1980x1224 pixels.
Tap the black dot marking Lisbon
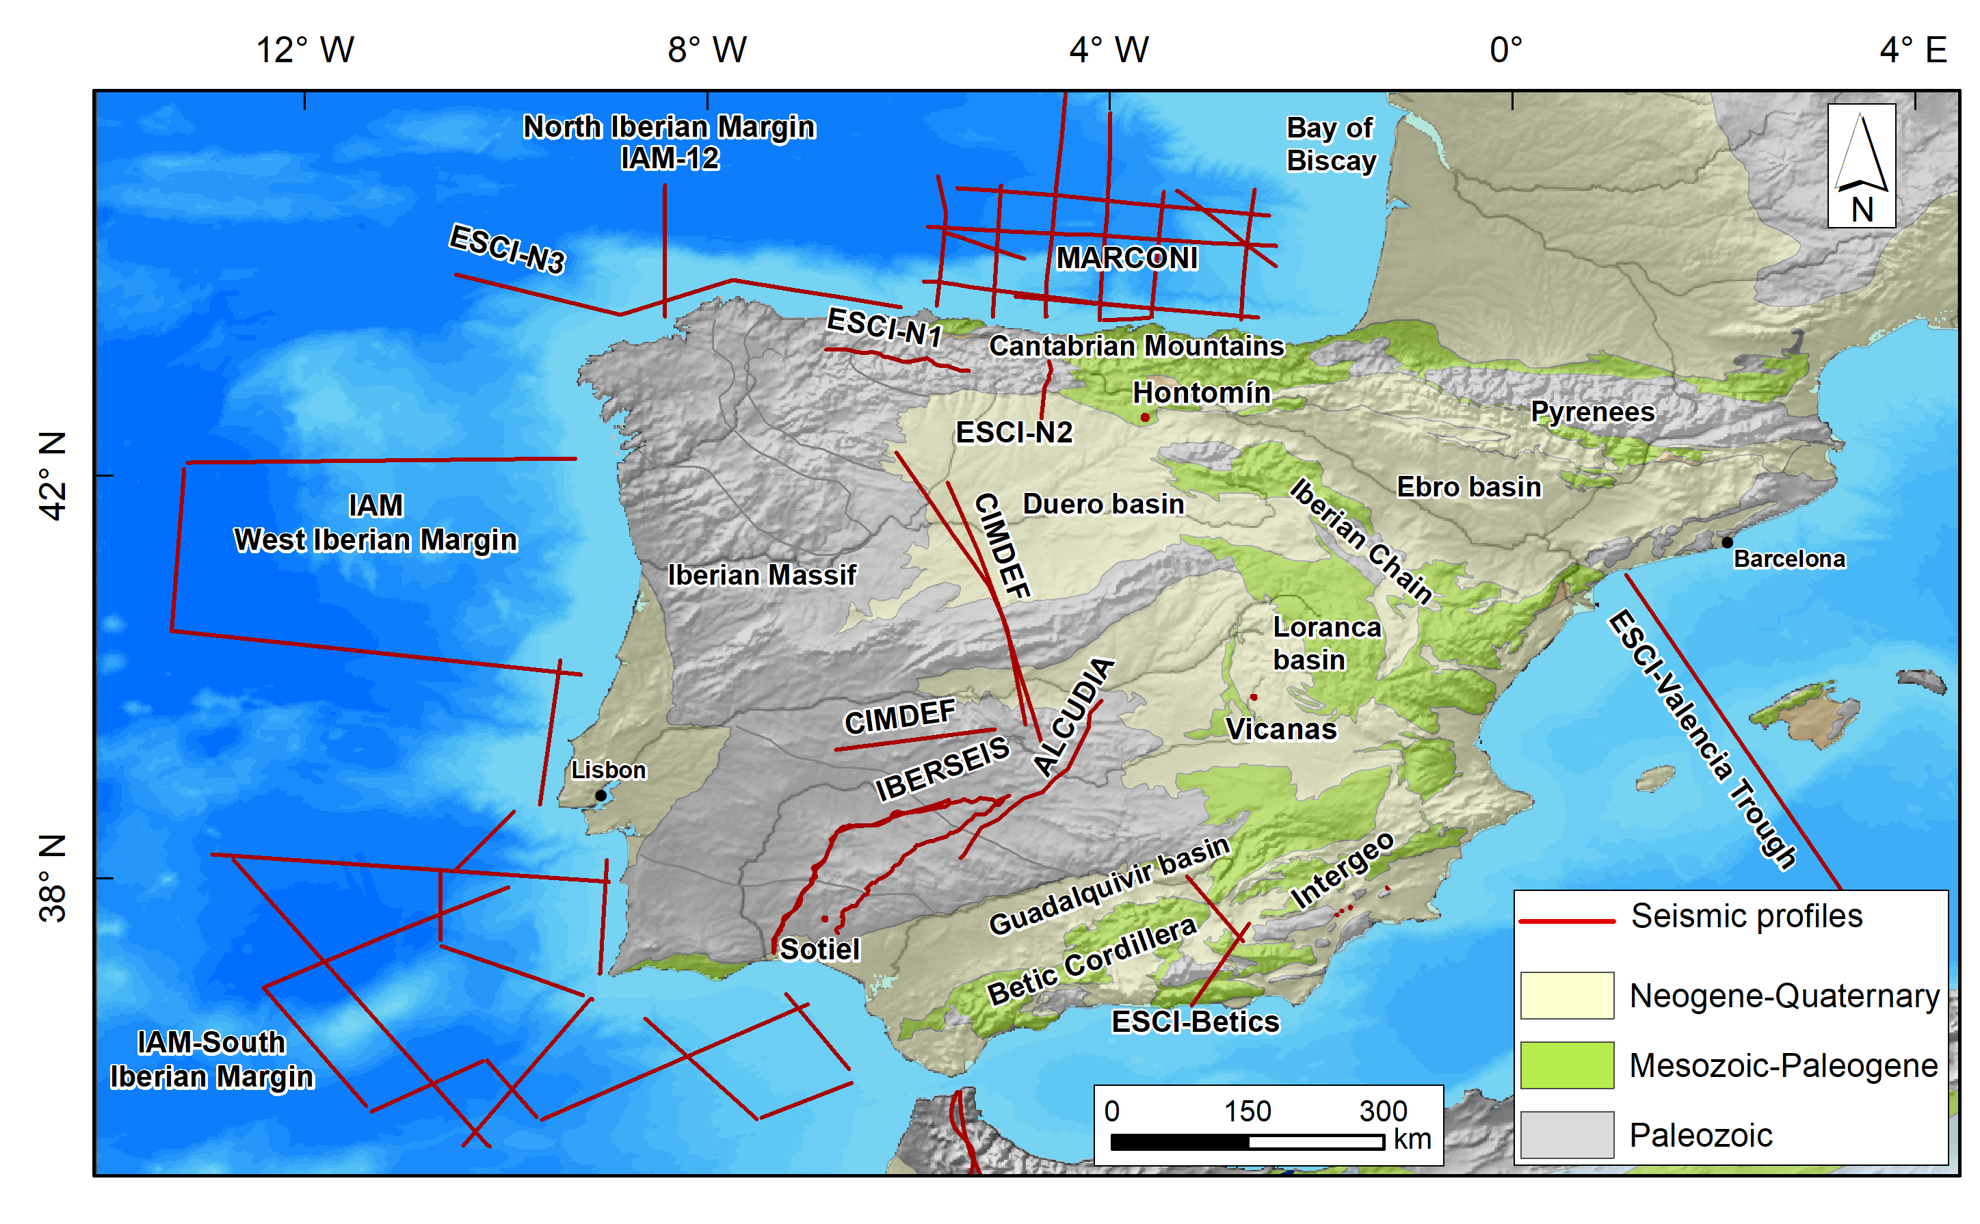pyautogui.click(x=600, y=795)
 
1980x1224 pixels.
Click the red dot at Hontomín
pyautogui.click(x=1145, y=418)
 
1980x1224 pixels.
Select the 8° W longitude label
pyautogui.click(x=707, y=50)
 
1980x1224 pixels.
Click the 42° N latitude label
pyautogui.click(x=53, y=475)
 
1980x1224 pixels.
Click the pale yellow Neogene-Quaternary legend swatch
pyautogui.click(x=1566, y=995)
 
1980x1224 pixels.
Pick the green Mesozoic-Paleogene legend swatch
pyautogui.click(x=1566, y=1065)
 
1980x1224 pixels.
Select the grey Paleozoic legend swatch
pyautogui.click(x=1566, y=1134)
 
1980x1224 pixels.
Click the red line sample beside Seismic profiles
pyautogui.click(x=1566, y=920)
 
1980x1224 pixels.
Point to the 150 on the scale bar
pyautogui.click(x=1247, y=1110)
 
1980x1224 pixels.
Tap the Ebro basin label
pyautogui.click(x=1468, y=487)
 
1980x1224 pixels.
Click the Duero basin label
pyautogui.click(x=1103, y=503)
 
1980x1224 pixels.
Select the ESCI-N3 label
pyautogui.click(x=507, y=248)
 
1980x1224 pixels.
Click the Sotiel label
pyautogui.click(x=819, y=948)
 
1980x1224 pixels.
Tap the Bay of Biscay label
pyautogui.click(x=1330, y=144)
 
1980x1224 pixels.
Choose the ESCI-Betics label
pyautogui.click(x=1195, y=1022)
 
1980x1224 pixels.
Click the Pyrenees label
pyautogui.click(x=1592, y=411)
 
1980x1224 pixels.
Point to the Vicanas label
pyautogui.click(x=1280, y=730)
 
